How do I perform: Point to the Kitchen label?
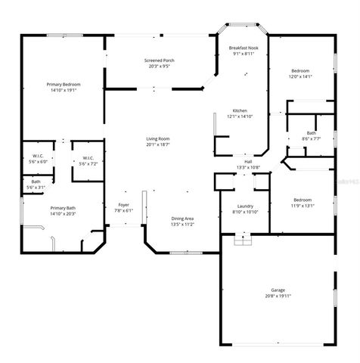(x=241, y=110)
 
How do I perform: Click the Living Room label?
(x=158, y=138)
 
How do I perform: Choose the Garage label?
(x=278, y=290)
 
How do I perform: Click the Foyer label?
(x=123, y=205)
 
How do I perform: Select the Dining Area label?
(x=182, y=219)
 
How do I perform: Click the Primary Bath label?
(x=64, y=208)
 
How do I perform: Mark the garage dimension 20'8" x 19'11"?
(x=278, y=296)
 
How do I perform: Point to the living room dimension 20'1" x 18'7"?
(x=158, y=144)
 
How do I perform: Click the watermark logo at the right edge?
(x=347, y=182)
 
